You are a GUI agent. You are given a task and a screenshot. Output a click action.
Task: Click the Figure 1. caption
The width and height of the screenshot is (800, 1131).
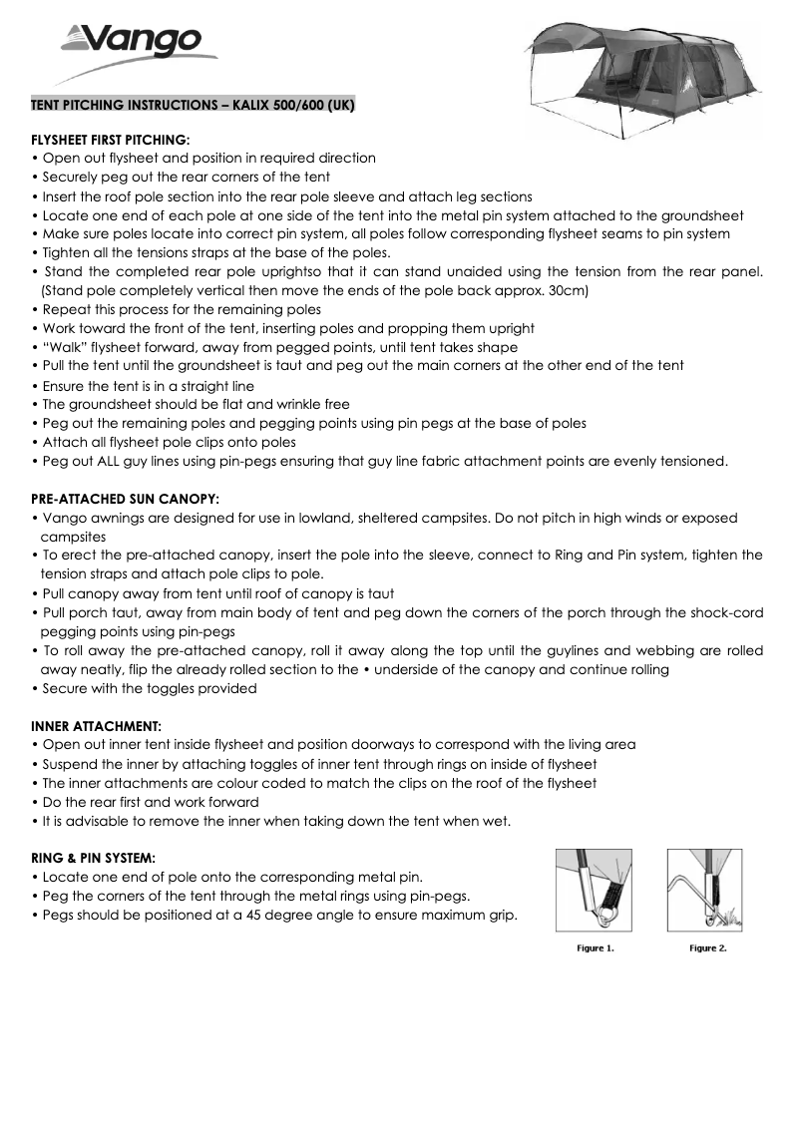pyautogui.click(x=596, y=947)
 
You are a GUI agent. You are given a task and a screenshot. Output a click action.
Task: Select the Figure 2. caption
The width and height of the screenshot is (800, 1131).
pyautogui.click(x=707, y=947)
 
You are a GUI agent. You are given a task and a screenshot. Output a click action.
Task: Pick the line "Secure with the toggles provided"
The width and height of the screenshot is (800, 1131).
pyautogui.click(x=149, y=688)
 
